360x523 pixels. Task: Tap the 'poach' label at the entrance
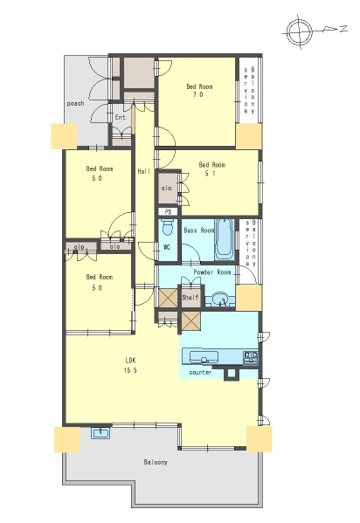coord(75,103)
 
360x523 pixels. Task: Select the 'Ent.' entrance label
coord(121,117)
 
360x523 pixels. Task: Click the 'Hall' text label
coord(144,171)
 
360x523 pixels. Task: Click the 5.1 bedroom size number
coord(210,174)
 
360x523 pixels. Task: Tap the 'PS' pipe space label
coord(168,212)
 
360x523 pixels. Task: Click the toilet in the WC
coord(167,228)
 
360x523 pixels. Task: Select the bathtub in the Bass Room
coord(225,239)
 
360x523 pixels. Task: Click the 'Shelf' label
coord(190,297)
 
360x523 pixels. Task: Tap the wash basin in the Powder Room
coord(219,299)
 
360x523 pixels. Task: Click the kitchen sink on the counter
coord(204,358)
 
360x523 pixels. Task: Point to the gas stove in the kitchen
coord(251,357)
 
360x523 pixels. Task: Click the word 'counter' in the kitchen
coord(200,372)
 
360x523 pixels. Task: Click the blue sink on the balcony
coord(100,433)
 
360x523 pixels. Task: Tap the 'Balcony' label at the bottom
coord(156,462)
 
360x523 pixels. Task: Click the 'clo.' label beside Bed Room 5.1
coord(167,188)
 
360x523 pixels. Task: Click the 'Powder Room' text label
coord(212,272)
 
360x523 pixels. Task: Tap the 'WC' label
coord(167,247)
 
